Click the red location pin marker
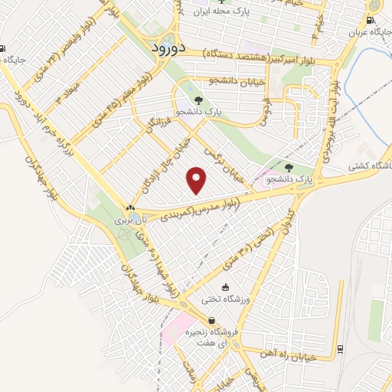tap(198, 180)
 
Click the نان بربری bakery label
tap(124, 219)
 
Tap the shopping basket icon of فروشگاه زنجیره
tap(210, 321)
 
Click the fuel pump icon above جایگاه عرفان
tap(371, 21)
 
